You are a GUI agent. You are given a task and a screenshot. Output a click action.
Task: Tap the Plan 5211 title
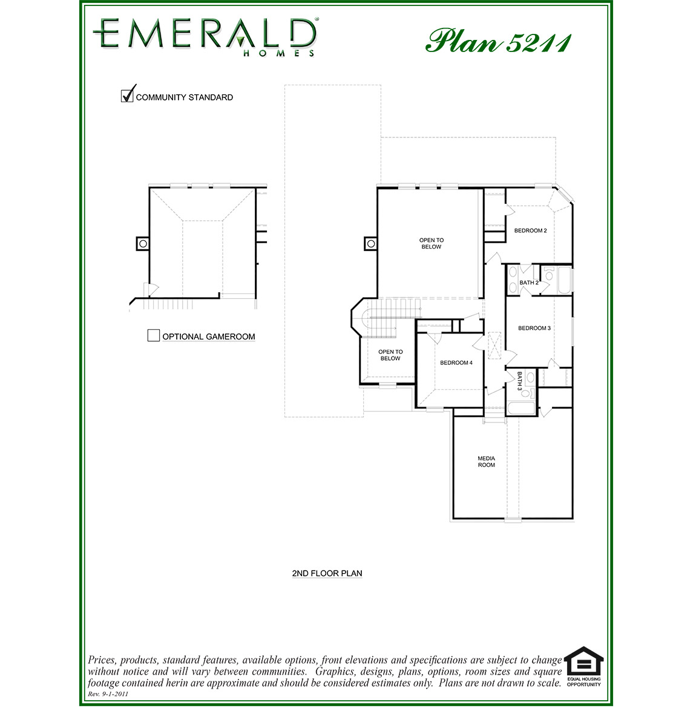pyautogui.click(x=498, y=41)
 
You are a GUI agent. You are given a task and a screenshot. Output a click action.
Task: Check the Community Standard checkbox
pyautogui.click(x=127, y=96)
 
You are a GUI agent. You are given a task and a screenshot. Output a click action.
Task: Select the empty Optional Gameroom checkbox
pyautogui.click(x=154, y=335)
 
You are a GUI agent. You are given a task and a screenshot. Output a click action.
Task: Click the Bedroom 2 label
pyautogui.click(x=530, y=231)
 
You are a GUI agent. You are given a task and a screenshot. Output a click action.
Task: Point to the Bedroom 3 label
pyautogui.click(x=534, y=329)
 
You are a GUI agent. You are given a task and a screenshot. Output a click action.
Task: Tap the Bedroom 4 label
pyautogui.click(x=456, y=363)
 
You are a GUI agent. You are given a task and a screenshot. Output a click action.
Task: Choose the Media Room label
pyautogui.click(x=486, y=462)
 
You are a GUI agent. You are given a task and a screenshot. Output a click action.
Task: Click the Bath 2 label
pyautogui.click(x=528, y=283)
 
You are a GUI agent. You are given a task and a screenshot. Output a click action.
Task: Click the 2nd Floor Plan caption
pyautogui.click(x=327, y=573)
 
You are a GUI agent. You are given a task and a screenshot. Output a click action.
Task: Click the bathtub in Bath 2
pyautogui.click(x=564, y=280)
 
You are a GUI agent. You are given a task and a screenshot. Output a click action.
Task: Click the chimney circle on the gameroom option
pyautogui.click(x=143, y=243)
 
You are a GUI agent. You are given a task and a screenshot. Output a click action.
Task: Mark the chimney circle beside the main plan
pyautogui.click(x=370, y=243)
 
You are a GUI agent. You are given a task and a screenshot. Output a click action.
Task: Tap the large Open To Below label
pyautogui.click(x=431, y=243)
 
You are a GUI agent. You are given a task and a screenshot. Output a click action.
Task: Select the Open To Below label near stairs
pyautogui.click(x=390, y=355)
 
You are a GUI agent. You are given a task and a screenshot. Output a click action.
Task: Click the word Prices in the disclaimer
pyautogui.click(x=102, y=660)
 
